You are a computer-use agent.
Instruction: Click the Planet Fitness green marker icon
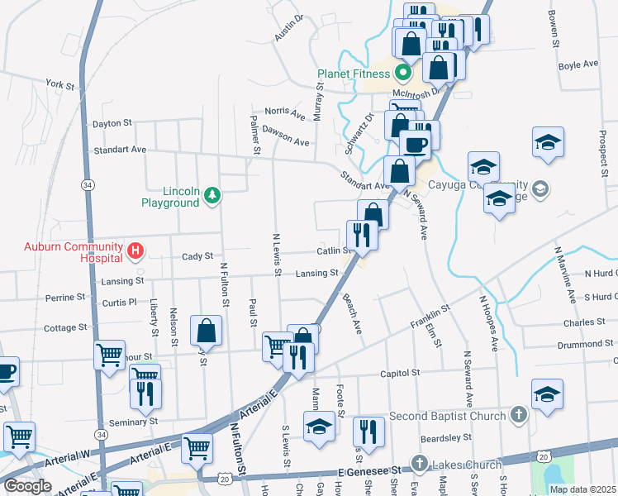(403, 72)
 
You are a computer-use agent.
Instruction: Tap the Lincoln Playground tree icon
(214, 195)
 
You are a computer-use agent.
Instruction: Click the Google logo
(27, 486)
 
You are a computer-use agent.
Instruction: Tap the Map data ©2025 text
(582, 489)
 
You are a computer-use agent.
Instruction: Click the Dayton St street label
(112, 123)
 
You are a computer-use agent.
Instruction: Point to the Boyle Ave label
(578, 64)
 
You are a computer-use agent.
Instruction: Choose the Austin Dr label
(290, 31)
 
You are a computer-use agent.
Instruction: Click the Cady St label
(197, 256)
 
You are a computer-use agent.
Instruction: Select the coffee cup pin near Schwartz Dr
(415, 144)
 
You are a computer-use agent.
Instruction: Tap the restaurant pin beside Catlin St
(363, 234)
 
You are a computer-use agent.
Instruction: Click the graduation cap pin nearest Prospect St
(548, 141)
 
